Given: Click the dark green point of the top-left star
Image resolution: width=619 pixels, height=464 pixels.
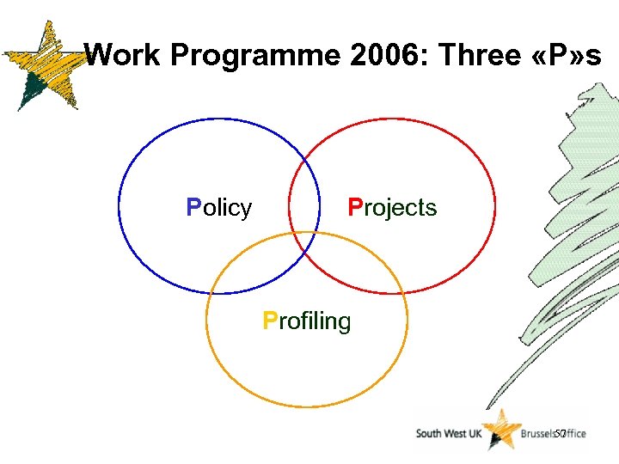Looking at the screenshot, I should click(x=31, y=90).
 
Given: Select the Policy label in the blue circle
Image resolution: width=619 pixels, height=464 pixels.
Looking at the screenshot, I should click(x=219, y=208).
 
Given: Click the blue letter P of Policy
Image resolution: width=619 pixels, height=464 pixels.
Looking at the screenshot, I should click(x=193, y=208).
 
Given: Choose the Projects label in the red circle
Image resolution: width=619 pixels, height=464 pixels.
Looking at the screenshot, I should click(x=392, y=208).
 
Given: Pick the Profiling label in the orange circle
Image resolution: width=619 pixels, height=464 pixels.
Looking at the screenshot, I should click(x=307, y=321).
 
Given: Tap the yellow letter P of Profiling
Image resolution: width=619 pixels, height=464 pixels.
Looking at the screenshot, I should click(x=270, y=321).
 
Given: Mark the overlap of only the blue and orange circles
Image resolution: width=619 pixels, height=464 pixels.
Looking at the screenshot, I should click(x=258, y=266).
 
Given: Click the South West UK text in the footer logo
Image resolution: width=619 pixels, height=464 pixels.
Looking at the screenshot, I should click(x=449, y=434).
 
